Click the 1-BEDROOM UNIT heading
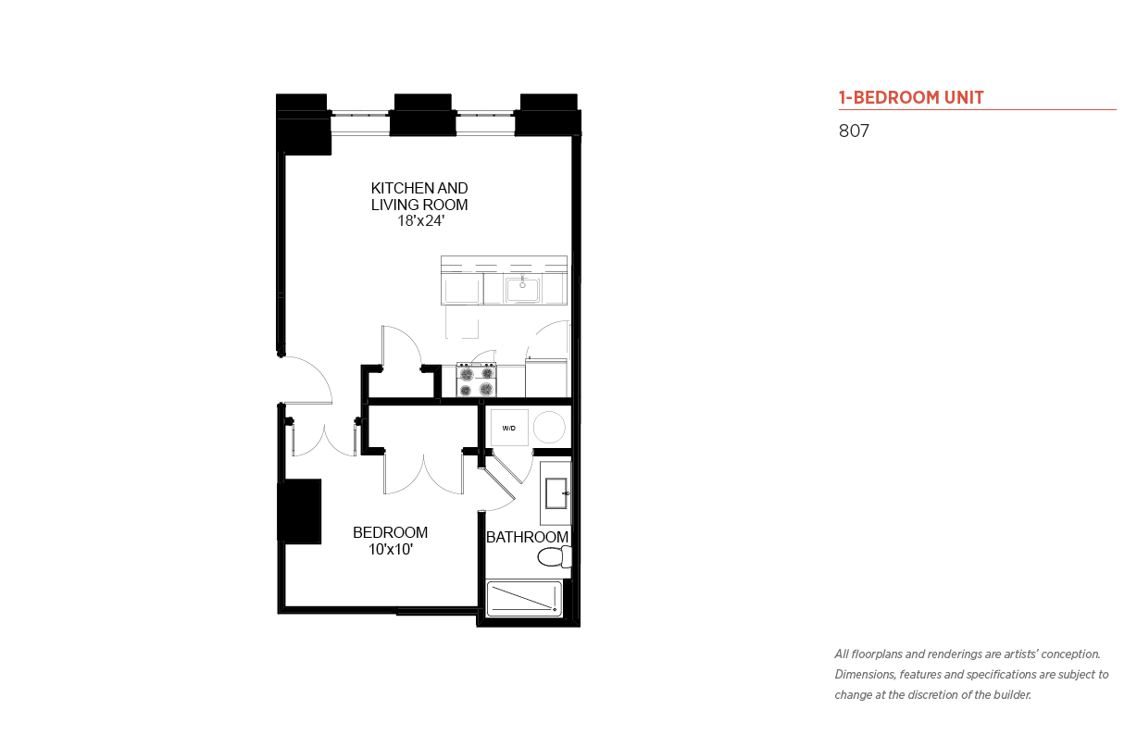[x=911, y=97]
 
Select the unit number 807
[x=854, y=131]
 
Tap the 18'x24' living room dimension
[x=420, y=221]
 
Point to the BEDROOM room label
[x=391, y=532]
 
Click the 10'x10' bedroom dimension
[x=391, y=549]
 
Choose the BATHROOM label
[x=527, y=537]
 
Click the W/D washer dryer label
[x=509, y=429]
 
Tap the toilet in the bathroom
[x=555, y=557]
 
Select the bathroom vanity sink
[x=556, y=492]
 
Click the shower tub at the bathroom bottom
[x=524, y=599]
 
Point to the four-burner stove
[x=476, y=380]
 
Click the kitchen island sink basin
[x=522, y=290]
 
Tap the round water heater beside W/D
[x=549, y=428]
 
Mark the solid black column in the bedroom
[x=299, y=512]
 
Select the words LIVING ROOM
[x=419, y=206]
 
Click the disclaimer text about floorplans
[x=971, y=675]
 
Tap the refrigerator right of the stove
[x=546, y=379]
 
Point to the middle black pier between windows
[x=423, y=115]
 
